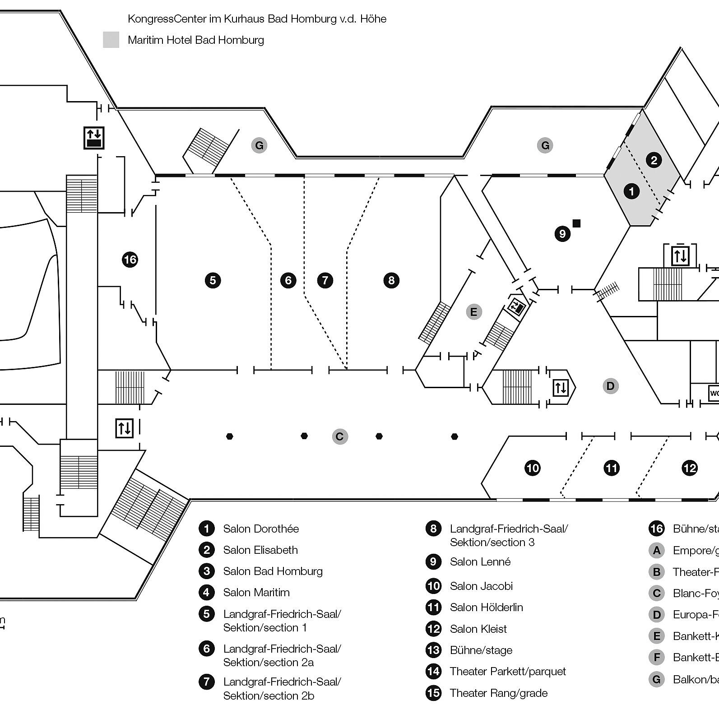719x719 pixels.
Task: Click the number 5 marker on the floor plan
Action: pos(213,280)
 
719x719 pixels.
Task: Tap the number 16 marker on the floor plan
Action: pos(130,260)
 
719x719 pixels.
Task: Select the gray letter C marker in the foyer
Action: pos(340,436)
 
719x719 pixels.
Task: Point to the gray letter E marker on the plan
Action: pos(473,311)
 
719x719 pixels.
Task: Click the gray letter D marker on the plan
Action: pos(610,386)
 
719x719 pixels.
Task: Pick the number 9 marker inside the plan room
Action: pos(562,234)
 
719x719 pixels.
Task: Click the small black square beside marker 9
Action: pos(576,223)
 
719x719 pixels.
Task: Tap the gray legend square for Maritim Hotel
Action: pos(111,40)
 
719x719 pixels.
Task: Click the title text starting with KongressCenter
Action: pos(257,19)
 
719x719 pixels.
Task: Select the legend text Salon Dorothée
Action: pos(261,529)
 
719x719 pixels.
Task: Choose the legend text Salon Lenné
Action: pos(480,562)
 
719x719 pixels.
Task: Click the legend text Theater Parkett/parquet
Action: pos(507,671)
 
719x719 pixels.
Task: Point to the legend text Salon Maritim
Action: pos(256,592)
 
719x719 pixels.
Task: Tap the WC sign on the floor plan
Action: pos(714,393)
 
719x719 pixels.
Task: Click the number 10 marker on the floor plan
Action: pos(533,468)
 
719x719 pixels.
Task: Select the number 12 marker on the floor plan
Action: pos(690,468)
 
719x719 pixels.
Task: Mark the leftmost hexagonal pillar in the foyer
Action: pos(230,436)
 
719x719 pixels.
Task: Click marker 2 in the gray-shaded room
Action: pos(654,160)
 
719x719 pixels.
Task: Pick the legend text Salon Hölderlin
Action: pos(486,607)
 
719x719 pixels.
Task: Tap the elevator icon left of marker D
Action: pos(560,388)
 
